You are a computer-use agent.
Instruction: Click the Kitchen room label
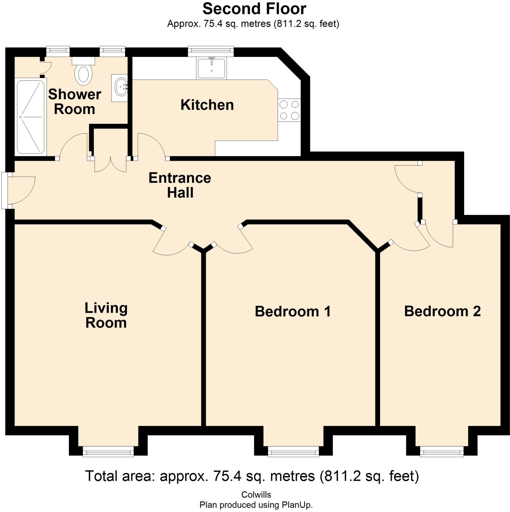tap(207, 105)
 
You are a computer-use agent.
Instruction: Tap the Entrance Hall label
tap(180, 185)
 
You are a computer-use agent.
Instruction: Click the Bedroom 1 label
tap(293, 311)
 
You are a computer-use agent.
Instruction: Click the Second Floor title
tap(254, 9)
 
